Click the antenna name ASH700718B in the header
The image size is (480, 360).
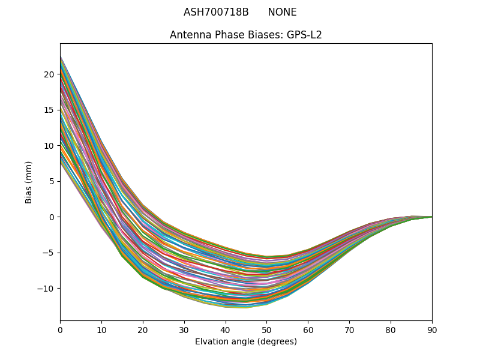coord(216,12)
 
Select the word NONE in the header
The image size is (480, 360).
coord(282,12)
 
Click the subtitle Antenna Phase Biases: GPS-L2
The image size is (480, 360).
coord(246,35)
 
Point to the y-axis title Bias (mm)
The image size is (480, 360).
coord(29,182)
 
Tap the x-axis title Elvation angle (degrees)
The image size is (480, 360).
coord(246,341)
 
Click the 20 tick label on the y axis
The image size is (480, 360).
coord(49,74)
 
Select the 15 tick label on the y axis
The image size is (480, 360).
coord(49,110)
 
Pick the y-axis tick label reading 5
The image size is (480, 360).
coord(52,181)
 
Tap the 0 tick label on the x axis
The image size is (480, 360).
coord(60,329)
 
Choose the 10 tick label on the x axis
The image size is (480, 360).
coord(101,329)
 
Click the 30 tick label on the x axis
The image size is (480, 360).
coord(184,329)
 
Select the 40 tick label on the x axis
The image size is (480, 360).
coord(226,329)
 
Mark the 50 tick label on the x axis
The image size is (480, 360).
coord(266,329)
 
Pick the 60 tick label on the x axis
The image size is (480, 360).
coord(308,329)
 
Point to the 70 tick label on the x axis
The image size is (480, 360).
coord(349,329)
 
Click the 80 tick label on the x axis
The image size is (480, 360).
coord(391,329)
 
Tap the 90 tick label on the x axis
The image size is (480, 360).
coord(432,329)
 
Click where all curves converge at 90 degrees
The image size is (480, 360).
coord(431,217)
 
